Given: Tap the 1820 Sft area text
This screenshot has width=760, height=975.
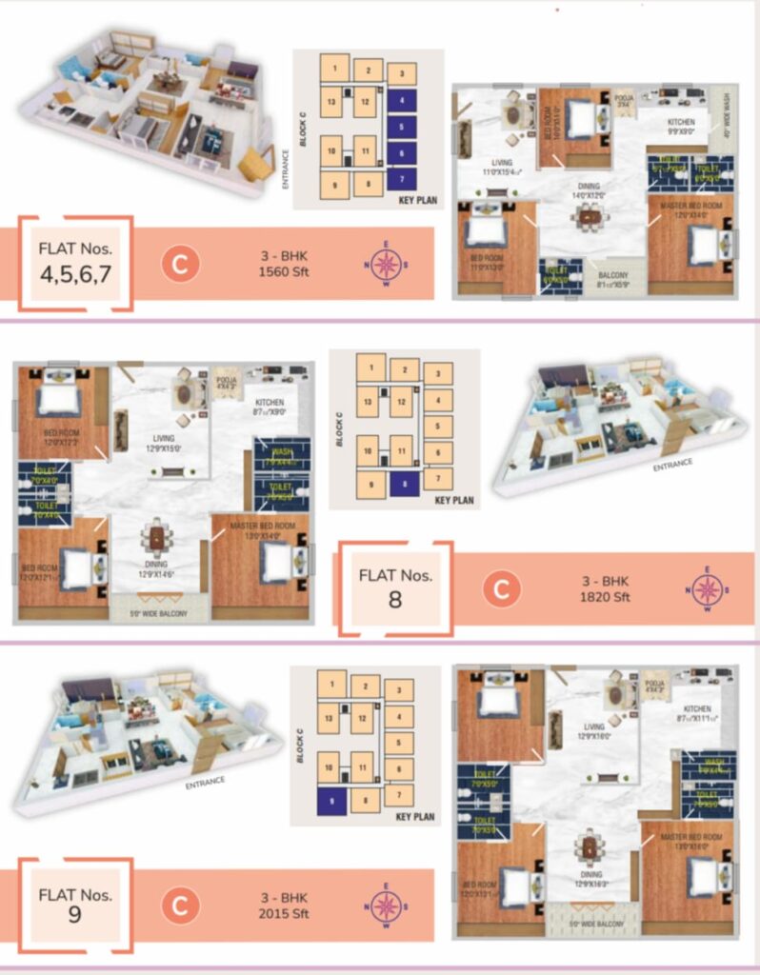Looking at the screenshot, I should pyautogui.click(x=607, y=599).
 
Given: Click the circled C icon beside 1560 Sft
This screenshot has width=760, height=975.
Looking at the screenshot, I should pyautogui.click(x=180, y=264).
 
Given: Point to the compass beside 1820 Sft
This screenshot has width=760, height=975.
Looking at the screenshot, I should pyautogui.click(x=706, y=589).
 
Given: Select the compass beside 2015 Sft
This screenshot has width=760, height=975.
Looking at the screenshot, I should pyautogui.click(x=386, y=905).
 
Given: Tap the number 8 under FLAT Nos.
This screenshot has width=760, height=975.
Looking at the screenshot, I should pyautogui.click(x=394, y=600).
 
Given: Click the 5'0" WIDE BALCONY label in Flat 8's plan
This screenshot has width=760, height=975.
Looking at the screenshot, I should pyautogui.click(x=158, y=614).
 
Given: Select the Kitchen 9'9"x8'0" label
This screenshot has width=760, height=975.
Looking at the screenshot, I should pyautogui.click(x=680, y=127).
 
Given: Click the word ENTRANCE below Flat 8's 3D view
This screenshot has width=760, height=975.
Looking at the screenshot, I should pyautogui.click(x=672, y=465).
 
